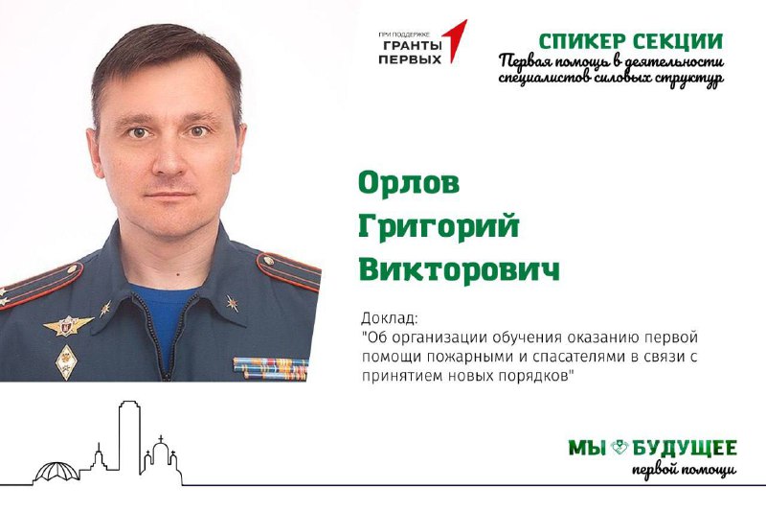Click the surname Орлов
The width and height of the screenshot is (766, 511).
[x=409, y=183]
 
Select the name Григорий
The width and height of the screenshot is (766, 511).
[x=439, y=227]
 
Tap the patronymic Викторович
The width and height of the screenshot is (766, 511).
[x=460, y=269]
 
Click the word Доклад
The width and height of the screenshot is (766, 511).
[x=389, y=319]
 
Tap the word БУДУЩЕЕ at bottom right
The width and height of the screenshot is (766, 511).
[x=685, y=448]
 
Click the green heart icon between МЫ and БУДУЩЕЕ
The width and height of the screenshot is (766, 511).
[x=620, y=447]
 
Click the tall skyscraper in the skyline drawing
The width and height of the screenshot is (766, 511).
[x=129, y=436]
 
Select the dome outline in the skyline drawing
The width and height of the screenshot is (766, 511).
[x=56, y=472]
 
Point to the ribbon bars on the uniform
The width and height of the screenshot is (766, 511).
[x=270, y=368]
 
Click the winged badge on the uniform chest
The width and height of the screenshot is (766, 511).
[x=67, y=325]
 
